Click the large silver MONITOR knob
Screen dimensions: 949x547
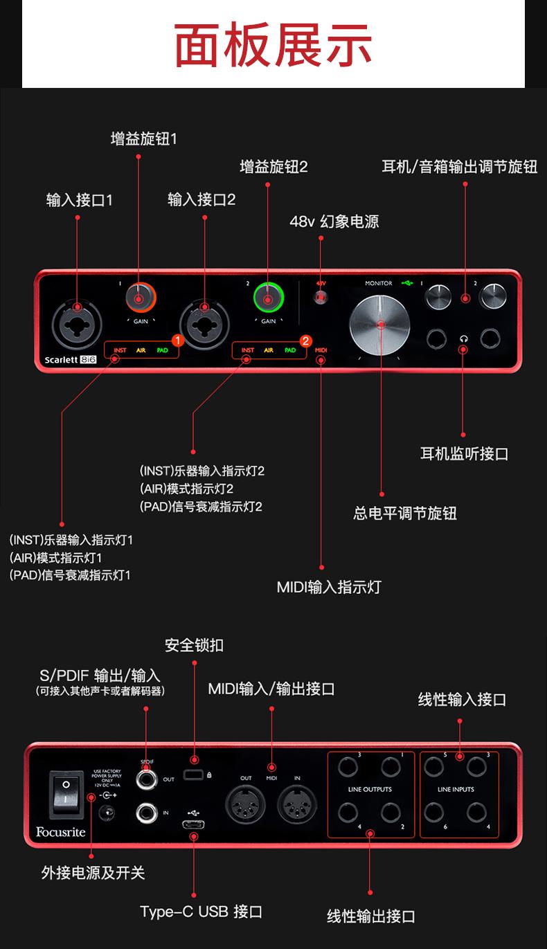(x=380, y=325)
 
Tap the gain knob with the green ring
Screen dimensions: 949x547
(x=268, y=298)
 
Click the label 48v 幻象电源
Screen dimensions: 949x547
(x=334, y=222)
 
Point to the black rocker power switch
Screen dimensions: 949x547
(x=66, y=793)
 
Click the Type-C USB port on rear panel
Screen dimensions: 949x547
(x=194, y=824)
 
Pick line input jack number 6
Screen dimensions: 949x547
(x=434, y=811)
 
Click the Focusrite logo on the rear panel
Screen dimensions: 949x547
(x=61, y=831)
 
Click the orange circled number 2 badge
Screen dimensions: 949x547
(x=305, y=341)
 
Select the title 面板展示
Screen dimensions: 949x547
(x=273, y=45)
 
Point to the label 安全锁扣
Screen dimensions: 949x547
(x=194, y=645)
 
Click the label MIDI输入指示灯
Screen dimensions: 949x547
(x=328, y=587)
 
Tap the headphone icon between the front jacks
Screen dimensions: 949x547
(x=463, y=338)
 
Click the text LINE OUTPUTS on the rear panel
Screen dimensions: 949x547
(x=370, y=789)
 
